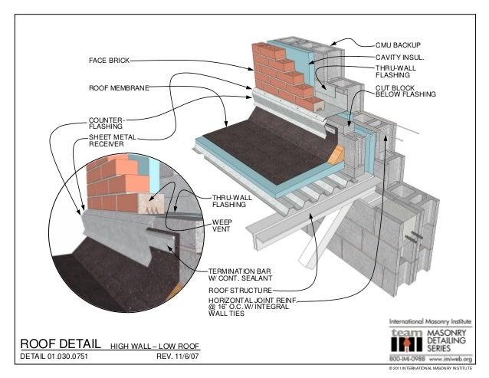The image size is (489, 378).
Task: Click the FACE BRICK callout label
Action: (x=107, y=60)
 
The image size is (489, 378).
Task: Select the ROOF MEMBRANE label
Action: (x=118, y=88)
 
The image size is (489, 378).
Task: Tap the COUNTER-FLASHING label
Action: (x=106, y=123)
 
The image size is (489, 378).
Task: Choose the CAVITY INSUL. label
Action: (x=400, y=57)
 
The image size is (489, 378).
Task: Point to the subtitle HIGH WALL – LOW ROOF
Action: (x=155, y=345)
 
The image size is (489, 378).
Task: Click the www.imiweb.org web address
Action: (x=453, y=357)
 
